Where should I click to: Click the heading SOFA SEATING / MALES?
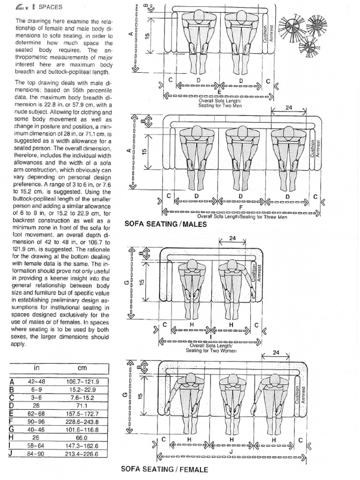(x=165, y=224)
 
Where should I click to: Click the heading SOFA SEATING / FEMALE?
(x=164, y=468)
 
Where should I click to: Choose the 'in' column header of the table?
(x=36, y=368)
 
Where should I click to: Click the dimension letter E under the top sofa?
(x=219, y=92)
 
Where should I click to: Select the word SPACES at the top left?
(x=50, y=7)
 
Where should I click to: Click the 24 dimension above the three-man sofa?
(x=289, y=107)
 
